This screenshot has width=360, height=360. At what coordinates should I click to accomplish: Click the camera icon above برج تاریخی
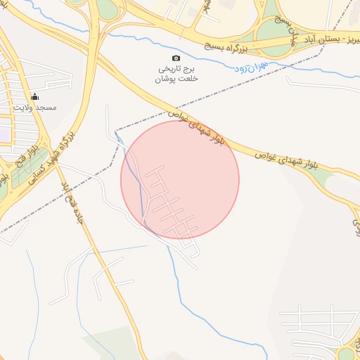(176, 58)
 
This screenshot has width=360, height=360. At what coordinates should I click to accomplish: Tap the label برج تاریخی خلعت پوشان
(176, 74)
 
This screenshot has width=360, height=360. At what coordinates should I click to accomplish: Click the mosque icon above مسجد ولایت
(35, 96)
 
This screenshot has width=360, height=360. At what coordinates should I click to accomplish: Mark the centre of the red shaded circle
(180, 180)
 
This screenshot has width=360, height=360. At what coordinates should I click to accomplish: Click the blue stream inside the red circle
(140, 190)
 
